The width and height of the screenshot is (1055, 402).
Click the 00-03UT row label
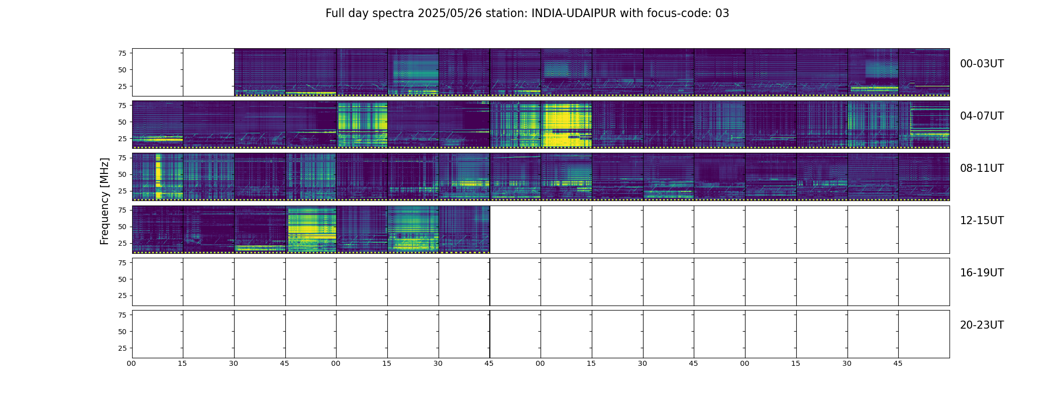pos(982,64)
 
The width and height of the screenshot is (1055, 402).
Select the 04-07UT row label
pos(982,116)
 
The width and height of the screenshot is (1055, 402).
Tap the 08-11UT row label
pos(982,168)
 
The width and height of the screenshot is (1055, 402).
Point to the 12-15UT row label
pos(982,221)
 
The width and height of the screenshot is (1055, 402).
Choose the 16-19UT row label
pos(982,273)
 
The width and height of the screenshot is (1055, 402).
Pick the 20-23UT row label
pos(982,325)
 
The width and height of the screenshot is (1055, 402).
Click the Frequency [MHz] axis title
pos(104,202)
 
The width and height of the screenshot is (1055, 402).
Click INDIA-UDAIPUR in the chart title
pos(574,14)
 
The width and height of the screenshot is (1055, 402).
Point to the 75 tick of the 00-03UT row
pos(122,53)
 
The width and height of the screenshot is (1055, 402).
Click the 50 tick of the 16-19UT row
pos(122,279)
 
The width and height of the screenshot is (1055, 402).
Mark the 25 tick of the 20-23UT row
pos(122,348)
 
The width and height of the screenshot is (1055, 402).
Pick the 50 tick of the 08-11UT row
pos(122,175)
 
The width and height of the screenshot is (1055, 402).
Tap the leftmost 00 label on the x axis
pos(132,364)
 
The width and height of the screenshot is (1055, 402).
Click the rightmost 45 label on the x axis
pos(898,364)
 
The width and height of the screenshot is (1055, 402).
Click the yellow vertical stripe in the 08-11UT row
pos(158,176)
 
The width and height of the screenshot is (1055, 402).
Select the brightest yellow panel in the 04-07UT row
pos(566,124)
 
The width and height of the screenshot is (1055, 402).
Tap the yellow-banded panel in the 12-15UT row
pos(311,229)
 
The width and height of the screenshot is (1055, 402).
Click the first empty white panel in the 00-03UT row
pos(158,72)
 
